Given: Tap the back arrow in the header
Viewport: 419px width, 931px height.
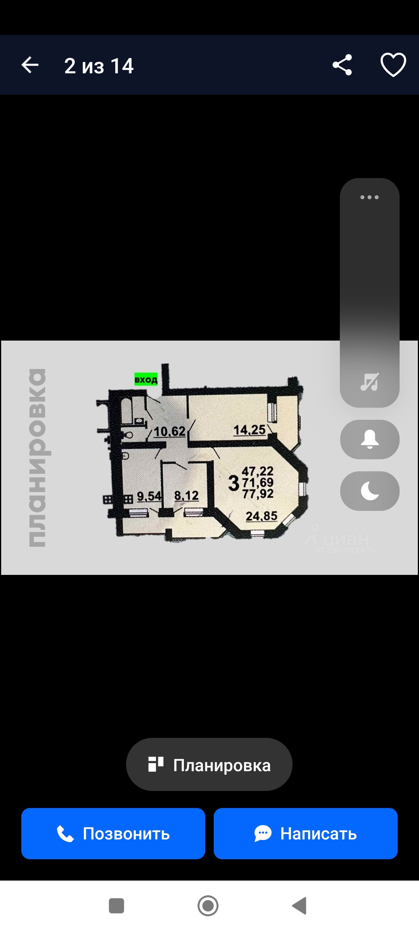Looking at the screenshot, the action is coord(30,65).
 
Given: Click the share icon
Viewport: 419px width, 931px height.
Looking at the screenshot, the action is coord(342,65).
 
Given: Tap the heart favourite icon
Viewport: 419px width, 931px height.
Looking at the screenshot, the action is coord(393,65).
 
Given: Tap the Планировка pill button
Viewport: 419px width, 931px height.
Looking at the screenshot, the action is coord(209,765).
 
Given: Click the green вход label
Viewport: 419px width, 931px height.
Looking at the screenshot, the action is coord(146,379).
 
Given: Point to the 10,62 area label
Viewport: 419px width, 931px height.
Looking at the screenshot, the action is coord(170,431).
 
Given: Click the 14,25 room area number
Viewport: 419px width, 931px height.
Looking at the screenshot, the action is coord(249,430).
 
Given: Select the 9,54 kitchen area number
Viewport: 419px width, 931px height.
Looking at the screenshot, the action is coord(149,496).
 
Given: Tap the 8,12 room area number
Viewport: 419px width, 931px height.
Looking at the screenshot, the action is coord(186,495).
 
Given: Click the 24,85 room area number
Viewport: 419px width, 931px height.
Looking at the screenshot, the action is coord(261,516).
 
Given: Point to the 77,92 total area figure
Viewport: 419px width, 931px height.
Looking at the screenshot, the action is coord(258,494).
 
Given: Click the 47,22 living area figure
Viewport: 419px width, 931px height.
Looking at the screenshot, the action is coord(258,471).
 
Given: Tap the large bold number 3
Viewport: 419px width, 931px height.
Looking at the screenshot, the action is coord(234,483).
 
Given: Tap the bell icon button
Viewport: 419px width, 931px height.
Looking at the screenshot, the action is coord(370,439).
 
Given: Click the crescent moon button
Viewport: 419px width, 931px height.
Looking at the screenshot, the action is coord(370,491).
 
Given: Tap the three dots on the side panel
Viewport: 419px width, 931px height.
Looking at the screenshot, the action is coord(369,197).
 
